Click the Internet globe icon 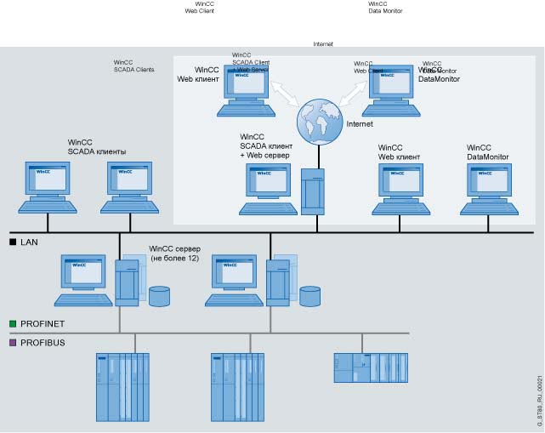coord(318,122)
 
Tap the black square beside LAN coord(13,242)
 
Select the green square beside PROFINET coord(13,324)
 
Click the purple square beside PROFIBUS coord(13,343)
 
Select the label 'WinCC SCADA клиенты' coord(97,147)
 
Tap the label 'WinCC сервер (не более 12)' coord(174,254)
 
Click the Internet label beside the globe coord(360,124)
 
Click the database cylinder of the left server coord(159,296)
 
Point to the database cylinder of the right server coord(309,296)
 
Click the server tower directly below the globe coord(313,193)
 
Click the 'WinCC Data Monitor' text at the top coord(385,8)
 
